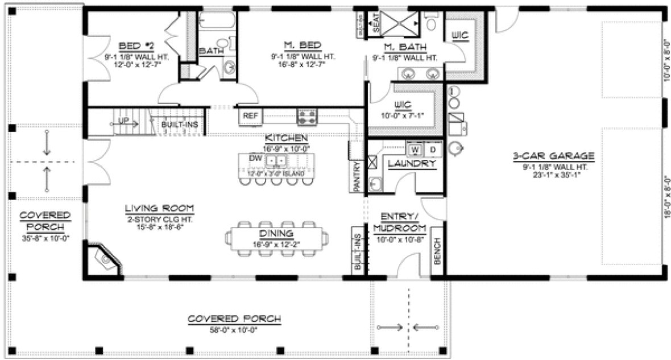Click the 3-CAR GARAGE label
(553, 155)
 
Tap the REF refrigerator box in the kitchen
(251, 115)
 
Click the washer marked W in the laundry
(415, 150)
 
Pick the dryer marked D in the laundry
(432, 150)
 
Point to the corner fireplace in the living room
(103, 259)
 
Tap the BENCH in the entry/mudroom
(437, 250)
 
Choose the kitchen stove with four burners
(307, 117)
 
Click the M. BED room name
(303, 45)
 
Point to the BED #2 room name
(133, 45)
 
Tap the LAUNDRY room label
(412, 164)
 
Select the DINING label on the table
(276, 233)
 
